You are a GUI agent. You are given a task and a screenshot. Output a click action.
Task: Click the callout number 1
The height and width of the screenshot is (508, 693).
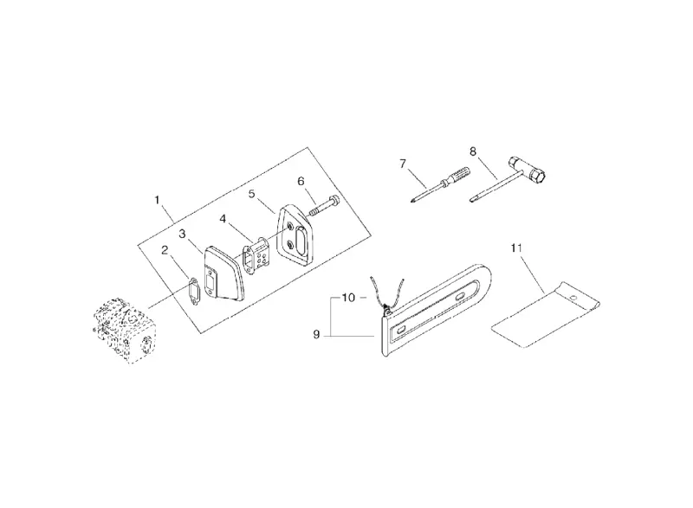[157, 200]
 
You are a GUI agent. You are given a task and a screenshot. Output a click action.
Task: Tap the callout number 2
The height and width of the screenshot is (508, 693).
[165, 250]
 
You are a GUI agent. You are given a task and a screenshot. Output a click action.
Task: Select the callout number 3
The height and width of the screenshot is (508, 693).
[182, 234]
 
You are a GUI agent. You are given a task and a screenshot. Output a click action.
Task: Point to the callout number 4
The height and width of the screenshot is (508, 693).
[223, 219]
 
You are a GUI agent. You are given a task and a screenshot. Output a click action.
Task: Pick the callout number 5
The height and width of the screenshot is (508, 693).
[251, 194]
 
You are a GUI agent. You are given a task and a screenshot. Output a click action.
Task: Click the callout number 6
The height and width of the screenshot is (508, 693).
[301, 181]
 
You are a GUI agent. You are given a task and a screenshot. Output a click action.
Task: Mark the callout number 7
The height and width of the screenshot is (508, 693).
[402, 164]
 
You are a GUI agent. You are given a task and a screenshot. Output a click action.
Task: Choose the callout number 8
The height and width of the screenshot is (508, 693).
[473, 151]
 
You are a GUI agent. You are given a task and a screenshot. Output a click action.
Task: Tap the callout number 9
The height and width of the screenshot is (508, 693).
[316, 335]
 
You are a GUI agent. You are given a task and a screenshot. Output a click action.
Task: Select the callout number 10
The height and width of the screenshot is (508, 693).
[348, 298]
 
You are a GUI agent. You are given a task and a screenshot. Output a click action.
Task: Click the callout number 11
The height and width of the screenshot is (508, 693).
[516, 248]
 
